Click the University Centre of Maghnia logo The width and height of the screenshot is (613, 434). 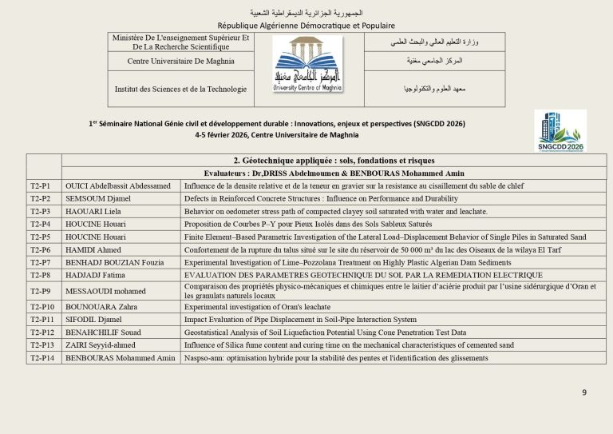coord(309,70)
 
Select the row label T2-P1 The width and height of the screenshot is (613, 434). coord(40,185)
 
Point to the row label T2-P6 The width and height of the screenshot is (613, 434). coord(40,249)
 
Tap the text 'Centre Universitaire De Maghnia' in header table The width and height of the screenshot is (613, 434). coord(181,61)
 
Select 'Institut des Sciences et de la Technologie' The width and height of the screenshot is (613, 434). coord(181,89)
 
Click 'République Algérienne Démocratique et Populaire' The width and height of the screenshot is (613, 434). coord(306,26)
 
